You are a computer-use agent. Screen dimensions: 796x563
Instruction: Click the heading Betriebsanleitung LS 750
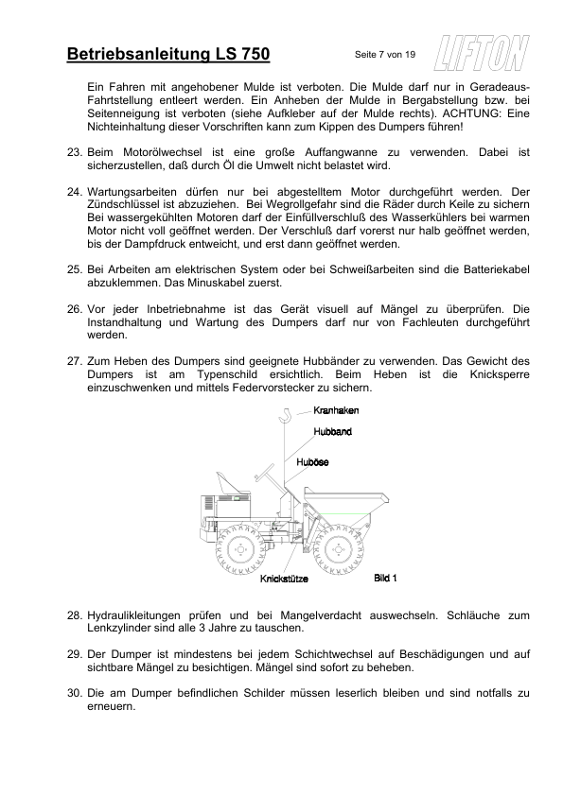tap(169, 55)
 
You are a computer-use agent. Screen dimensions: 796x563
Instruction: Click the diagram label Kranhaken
tap(336, 410)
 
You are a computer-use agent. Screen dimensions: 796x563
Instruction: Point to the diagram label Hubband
tap(333, 431)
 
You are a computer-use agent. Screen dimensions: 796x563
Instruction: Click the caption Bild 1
tap(385, 577)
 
